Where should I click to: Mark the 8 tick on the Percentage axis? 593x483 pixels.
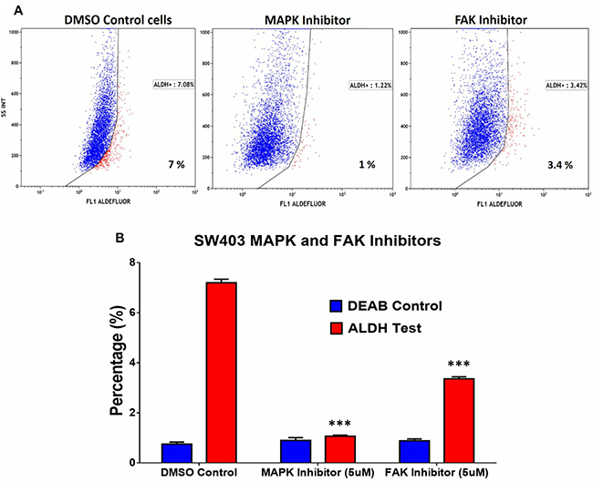click(136, 262)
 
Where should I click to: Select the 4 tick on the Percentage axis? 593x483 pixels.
click(136, 363)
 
